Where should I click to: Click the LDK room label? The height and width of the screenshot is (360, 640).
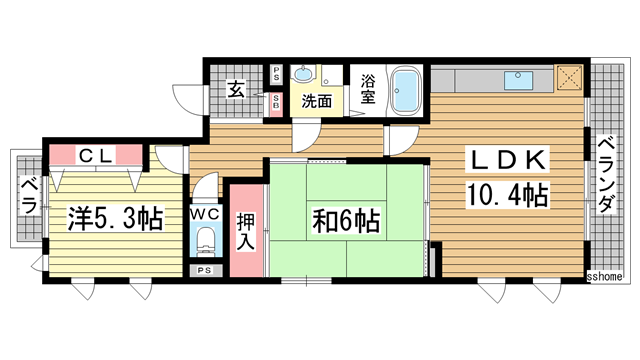[505, 161]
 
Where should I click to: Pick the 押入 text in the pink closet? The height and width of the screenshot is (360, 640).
[245, 231]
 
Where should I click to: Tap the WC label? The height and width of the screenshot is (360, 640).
[206, 214]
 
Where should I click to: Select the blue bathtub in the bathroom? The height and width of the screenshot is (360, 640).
[405, 91]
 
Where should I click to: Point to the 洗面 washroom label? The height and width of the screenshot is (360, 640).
[318, 101]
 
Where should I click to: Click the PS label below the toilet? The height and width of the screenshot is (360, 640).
[205, 271]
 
